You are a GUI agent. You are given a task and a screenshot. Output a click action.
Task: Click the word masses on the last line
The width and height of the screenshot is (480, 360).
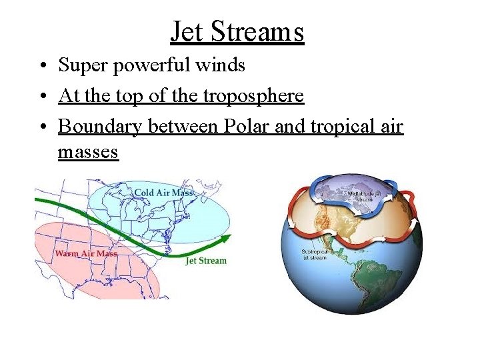[x=88, y=152]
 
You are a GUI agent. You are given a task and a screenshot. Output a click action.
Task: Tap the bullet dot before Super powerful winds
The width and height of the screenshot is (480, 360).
[x=42, y=66]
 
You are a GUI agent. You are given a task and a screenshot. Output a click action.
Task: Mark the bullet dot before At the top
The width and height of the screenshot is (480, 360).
[x=42, y=97]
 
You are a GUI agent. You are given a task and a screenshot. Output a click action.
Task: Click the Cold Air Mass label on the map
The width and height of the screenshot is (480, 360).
[x=163, y=193]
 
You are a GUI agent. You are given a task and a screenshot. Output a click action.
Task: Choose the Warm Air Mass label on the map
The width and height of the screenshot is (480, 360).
[x=86, y=253]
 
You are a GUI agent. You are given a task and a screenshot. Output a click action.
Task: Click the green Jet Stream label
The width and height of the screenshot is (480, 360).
[x=206, y=261]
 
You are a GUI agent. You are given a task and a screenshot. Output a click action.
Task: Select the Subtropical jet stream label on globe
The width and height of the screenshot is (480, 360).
[x=313, y=254]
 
